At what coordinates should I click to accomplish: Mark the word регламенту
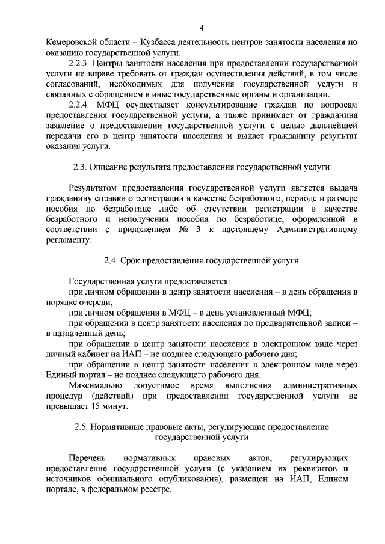point(69,239)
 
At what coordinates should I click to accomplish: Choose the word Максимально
point(96,384)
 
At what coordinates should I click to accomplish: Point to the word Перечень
point(88,459)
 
